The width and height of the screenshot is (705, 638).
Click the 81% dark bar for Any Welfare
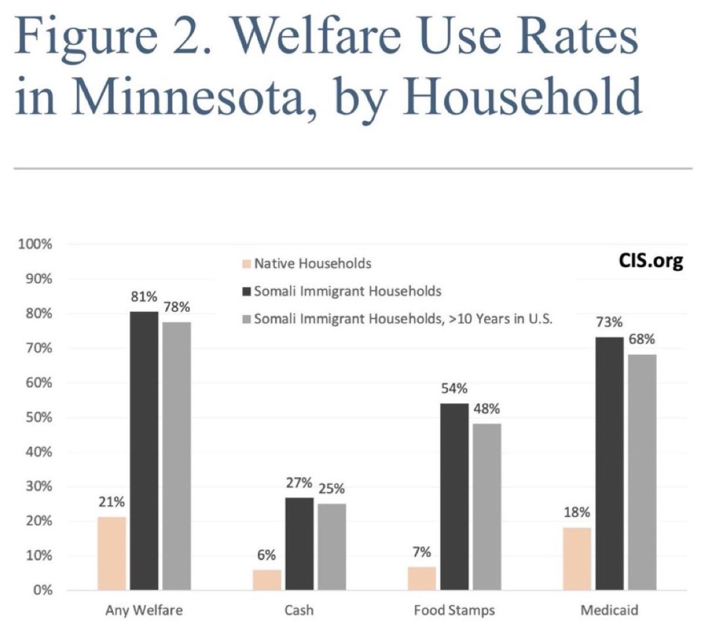[x=144, y=451]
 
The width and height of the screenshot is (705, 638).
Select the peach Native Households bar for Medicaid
[x=577, y=559]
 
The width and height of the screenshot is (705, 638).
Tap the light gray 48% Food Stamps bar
[x=487, y=507]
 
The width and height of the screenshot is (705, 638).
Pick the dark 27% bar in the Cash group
[x=300, y=544]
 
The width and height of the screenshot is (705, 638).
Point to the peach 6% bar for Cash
[x=267, y=580]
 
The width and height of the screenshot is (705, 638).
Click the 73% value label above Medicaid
[x=609, y=322]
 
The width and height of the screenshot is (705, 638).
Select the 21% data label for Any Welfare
[x=112, y=502]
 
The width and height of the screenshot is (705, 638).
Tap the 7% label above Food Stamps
[x=422, y=552]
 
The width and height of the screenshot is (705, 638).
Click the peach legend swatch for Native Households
[x=247, y=264]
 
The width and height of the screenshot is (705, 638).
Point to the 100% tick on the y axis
[x=35, y=244]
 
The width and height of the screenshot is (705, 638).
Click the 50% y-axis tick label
[x=39, y=418]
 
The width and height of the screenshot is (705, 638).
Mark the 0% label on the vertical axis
[x=42, y=590]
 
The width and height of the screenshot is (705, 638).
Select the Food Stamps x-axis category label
[x=454, y=610]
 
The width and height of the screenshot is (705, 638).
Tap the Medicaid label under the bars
[x=609, y=610]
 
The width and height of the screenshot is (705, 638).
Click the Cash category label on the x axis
[x=299, y=610]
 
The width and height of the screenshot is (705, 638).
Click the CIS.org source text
[x=651, y=261]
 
